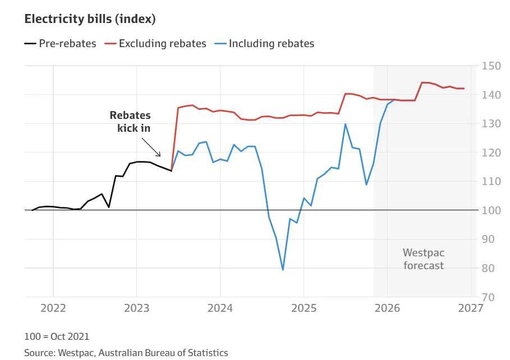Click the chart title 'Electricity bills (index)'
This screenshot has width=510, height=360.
pyautogui.click(x=90, y=19)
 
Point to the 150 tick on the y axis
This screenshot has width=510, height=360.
pyautogui.click(x=491, y=66)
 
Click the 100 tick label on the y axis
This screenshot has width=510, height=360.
pyautogui.click(x=491, y=210)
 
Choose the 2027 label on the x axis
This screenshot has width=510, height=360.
pyautogui.click(x=471, y=308)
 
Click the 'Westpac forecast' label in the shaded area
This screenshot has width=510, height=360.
pyautogui.click(x=424, y=259)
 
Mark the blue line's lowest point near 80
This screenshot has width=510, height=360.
pyautogui.click(x=283, y=270)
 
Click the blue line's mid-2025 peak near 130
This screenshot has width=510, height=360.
pyautogui.click(x=345, y=124)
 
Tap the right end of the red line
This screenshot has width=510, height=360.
pyautogui.click(x=464, y=89)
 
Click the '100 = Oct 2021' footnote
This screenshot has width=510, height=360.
pyautogui.click(x=56, y=336)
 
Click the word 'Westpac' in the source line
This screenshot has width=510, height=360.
pyautogui.click(x=73, y=353)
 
